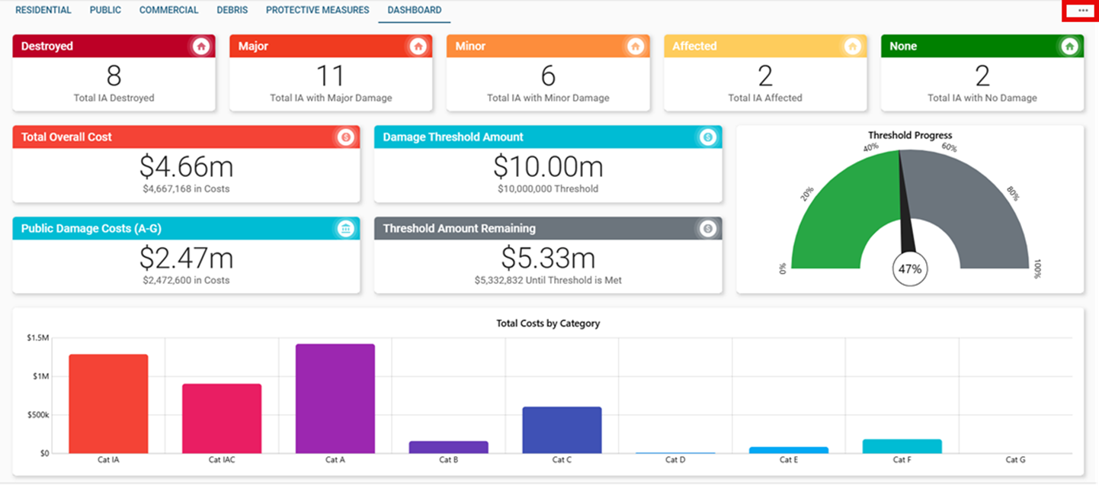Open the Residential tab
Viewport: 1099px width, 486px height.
click(x=43, y=11)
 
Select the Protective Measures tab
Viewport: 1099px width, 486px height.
click(x=317, y=11)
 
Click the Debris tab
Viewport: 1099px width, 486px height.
click(x=232, y=11)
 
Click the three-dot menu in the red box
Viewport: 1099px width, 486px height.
click(x=1080, y=11)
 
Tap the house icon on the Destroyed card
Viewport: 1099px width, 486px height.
click(x=201, y=47)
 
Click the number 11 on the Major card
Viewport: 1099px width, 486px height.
click(x=331, y=76)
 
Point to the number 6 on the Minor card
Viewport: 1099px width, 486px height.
click(x=548, y=76)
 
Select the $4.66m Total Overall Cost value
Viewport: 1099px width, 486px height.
click(x=186, y=166)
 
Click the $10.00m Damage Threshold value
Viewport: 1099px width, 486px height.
click(x=548, y=166)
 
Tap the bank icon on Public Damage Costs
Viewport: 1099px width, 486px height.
click(x=346, y=229)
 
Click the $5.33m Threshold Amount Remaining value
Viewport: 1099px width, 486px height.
click(x=548, y=258)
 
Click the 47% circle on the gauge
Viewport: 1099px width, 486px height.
click(x=910, y=269)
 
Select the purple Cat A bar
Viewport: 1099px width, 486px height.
click(x=335, y=398)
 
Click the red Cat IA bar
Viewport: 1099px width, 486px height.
click(x=108, y=404)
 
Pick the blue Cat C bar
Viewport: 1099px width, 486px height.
click(x=562, y=430)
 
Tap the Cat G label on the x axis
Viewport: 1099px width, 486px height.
click(x=1015, y=460)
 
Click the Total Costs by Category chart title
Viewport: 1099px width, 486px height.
click(x=548, y=323)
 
